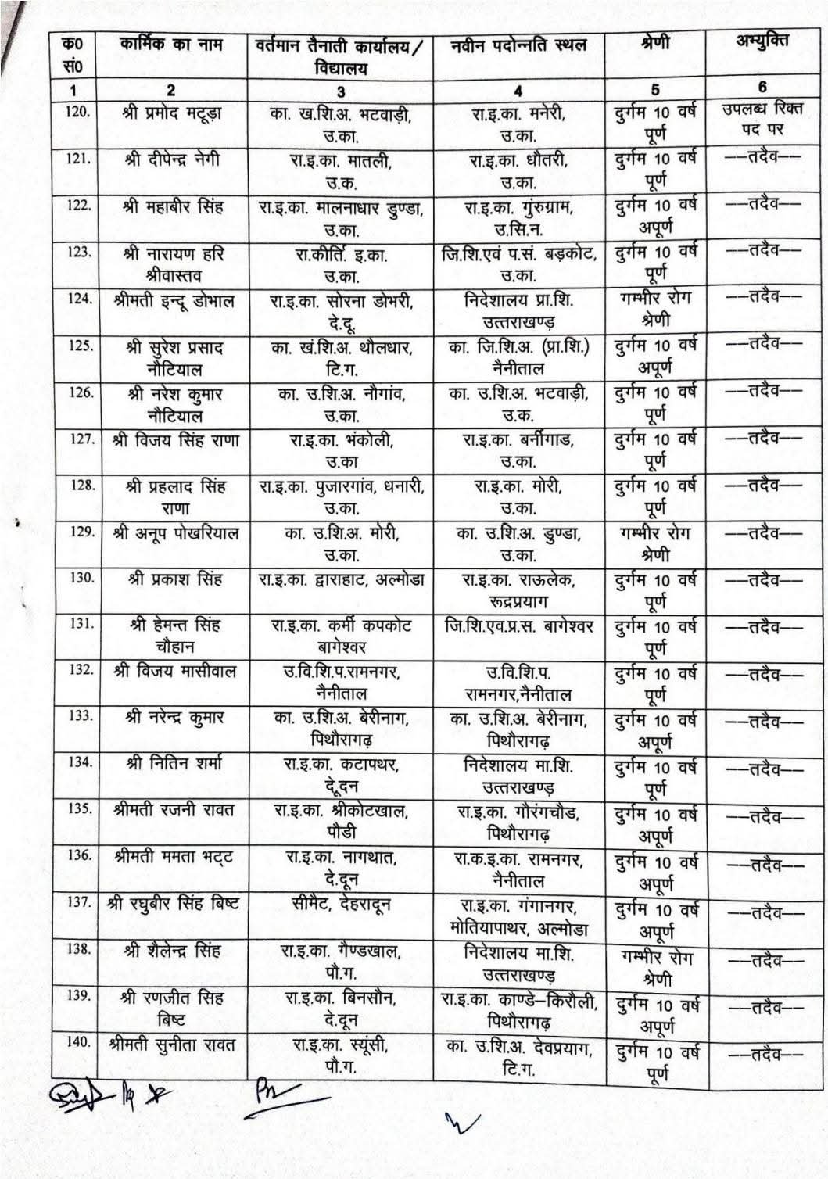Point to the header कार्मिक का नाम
click(x=172, y=45)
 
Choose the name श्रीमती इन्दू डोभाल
click(x=173, y=300)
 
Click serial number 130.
click(x=81, y=578)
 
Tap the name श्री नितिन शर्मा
click(x=174, y=763)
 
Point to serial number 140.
click(x=80, y=1042)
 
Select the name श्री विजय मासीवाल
click(x=174, y=672)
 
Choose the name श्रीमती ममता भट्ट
click(x=174, y=856)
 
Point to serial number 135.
click(x=80, y=808)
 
